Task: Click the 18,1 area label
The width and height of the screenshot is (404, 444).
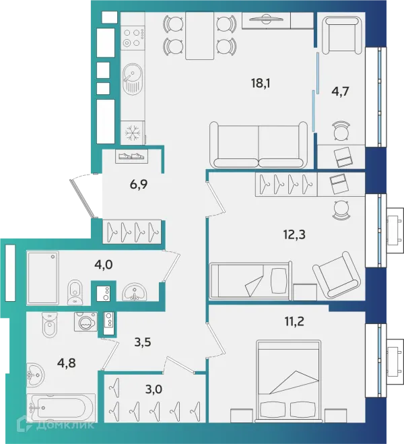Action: (x=261, y=84)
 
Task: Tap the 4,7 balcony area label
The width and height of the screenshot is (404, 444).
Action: (x=340, y=92)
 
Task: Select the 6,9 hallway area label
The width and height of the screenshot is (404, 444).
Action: (x=139, y=185)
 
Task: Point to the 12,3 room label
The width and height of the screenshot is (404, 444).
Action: (x=294, y=234)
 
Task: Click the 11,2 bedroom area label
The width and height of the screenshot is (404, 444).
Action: (x=294, y=321)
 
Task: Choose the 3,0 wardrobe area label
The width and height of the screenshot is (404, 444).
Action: (x=154, y=389)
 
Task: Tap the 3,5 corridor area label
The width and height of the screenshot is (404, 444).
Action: (x=143, y=342)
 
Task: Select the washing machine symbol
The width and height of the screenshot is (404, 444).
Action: (x=86, y=321)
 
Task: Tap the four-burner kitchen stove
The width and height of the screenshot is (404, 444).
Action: (x=133, y=38)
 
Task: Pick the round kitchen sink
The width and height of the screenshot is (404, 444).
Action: (x=133, y=78)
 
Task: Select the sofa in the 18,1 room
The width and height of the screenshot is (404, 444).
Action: (x=259, y=145)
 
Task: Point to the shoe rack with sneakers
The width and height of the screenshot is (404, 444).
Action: (x=131, y=156)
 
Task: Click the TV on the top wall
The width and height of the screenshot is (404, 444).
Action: (x=266, y=20)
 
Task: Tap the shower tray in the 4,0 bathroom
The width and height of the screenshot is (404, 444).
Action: (x=42, y=278)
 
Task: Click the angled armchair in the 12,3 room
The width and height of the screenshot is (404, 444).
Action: (x=337, y=275)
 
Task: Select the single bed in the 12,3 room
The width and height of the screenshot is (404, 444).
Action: (x=250, y=280)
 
